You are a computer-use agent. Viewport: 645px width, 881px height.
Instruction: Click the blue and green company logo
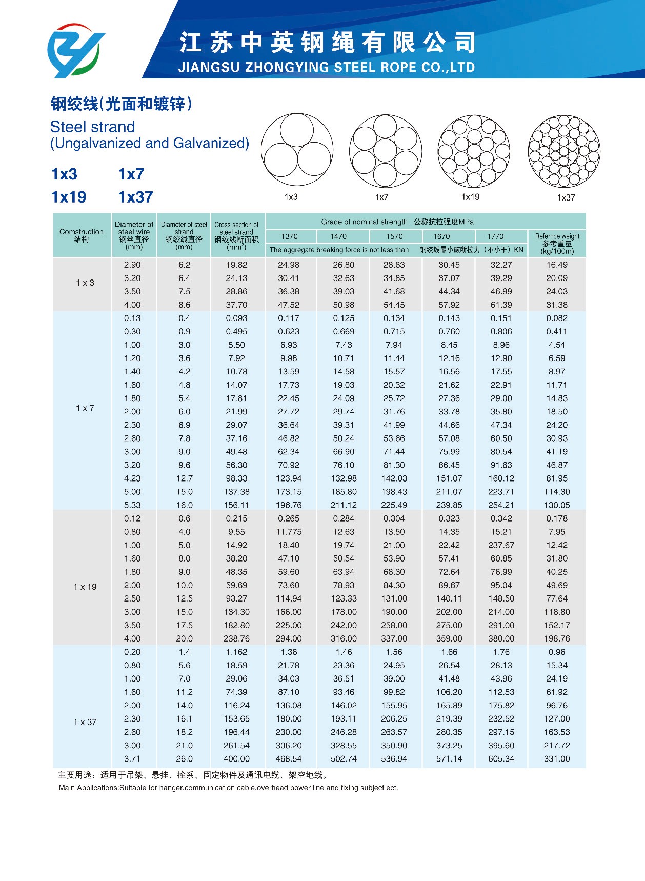pos(76,51)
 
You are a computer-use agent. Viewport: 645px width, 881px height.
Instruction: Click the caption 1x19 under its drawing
pos(470,197)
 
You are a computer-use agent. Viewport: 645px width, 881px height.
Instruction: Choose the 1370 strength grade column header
pos(289,236)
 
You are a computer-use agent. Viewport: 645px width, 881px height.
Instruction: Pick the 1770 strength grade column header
pos(495,236)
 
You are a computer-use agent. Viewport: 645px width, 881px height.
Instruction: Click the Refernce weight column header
pos(557,244)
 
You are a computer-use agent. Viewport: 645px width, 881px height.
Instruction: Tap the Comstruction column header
pos(82,235)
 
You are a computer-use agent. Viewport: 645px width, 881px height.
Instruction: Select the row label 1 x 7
pos(85,408)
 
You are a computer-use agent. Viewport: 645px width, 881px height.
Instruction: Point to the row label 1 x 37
pos(85,722)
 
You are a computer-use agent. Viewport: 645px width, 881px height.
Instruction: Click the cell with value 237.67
pos(501,545)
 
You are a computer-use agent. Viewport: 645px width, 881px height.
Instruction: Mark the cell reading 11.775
pos(289,532)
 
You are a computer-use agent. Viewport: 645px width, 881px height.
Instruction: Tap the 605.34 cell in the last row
pos(501,759)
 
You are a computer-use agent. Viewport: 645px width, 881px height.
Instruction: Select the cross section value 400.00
pos(236,759)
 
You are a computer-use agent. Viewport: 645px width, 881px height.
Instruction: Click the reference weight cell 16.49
pos(557,265)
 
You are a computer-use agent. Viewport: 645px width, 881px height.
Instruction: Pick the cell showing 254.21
pos(501,505)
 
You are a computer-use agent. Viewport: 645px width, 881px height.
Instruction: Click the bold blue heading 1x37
pos(135,197)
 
